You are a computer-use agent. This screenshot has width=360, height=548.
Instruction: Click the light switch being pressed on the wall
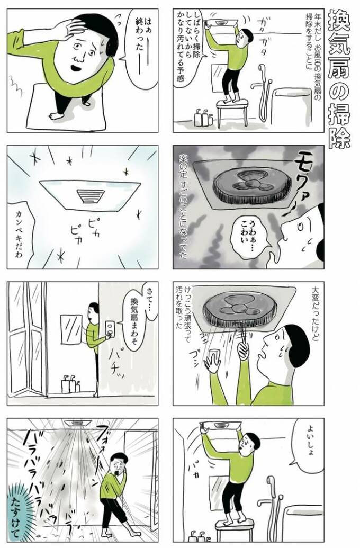tap(111, 329)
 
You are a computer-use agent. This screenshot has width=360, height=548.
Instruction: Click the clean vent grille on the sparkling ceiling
tap(90, 195)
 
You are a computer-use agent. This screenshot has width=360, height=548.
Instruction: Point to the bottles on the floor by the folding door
tap(69, 384)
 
